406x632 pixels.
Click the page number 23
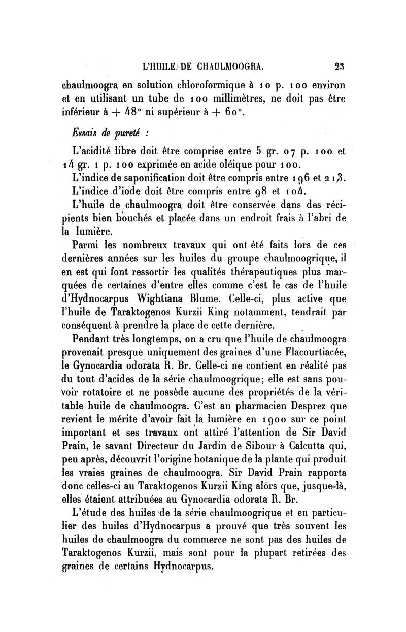pos(339,65)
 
